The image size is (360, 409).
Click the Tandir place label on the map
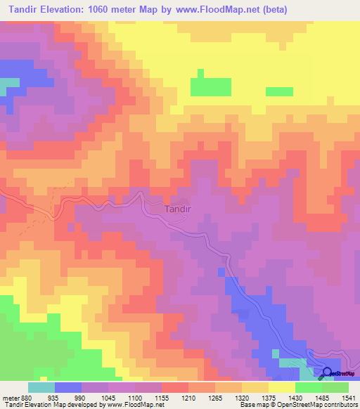tap(176, 209)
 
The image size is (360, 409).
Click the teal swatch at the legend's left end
tap(41, 387)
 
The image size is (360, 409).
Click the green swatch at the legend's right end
tap(335, 387)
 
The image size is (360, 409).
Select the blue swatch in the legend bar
tap(68, 387)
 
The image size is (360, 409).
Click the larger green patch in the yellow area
tap(211, 86)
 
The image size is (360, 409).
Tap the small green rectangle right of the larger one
tap(279, 91)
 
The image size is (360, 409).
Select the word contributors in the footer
tap(341, 405)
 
